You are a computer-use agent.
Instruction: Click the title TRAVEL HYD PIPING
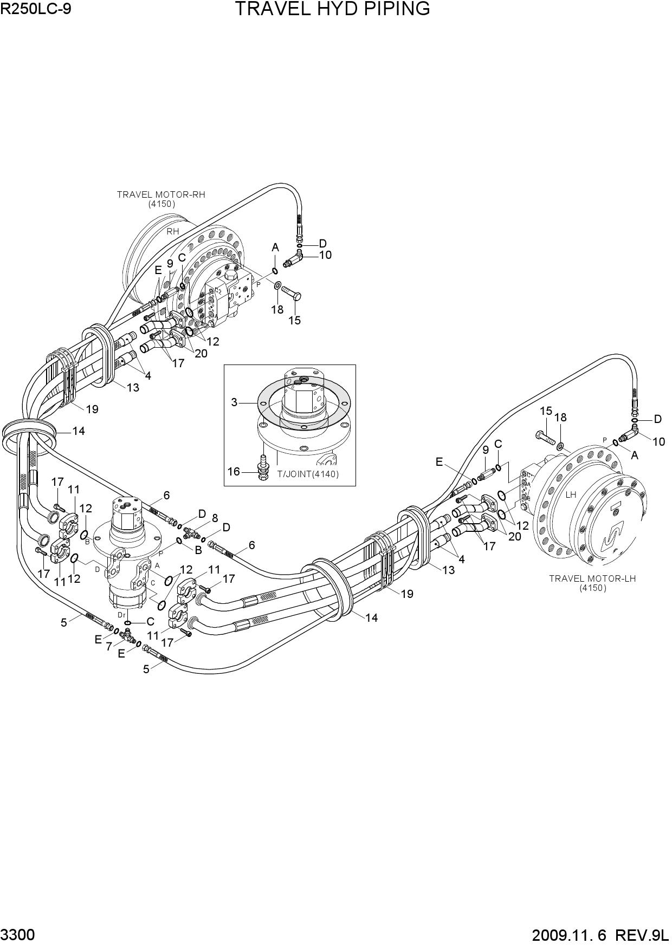(332, 9)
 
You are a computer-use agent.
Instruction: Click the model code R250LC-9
(36, 9)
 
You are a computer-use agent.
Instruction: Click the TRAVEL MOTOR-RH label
(161, 194)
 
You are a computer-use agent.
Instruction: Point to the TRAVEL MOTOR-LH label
(592, 578)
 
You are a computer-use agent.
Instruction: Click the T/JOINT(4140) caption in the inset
(308, 474)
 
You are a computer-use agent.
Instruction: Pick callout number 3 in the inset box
(234, 402)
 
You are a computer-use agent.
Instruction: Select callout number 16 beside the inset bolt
(234, 472)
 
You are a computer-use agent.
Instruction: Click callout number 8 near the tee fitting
(215, 518)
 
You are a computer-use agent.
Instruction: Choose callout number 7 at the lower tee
(108, 646)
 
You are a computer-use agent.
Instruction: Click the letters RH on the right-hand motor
(172, 231)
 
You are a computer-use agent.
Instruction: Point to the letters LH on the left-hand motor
(571, 494)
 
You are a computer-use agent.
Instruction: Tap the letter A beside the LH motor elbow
(635, 456)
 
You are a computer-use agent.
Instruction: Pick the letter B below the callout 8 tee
(198, 550)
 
